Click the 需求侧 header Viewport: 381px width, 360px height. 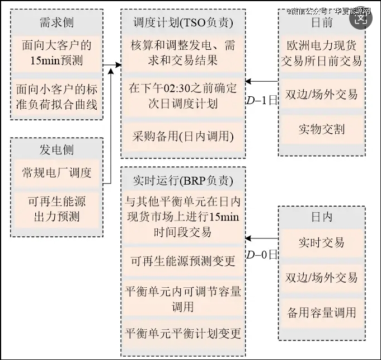(57, 23)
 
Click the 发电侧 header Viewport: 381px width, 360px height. (57, 149)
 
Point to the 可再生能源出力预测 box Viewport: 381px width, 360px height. (57, 208)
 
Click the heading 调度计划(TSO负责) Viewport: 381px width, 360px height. (183, 23)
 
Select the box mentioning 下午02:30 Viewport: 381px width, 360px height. (183, 95)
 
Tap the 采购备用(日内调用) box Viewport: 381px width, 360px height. (183, 136)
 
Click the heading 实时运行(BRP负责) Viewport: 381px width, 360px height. (183, 180)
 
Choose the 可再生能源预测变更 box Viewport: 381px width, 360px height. (183, 261)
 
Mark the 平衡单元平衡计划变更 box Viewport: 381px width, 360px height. (183, 334)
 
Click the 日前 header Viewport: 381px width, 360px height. (322, 23)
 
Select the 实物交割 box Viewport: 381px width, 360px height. (322, 129)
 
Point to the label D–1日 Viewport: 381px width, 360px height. (262, 101)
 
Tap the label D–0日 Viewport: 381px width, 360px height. (262, 255)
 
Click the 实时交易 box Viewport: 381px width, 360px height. (322, 242)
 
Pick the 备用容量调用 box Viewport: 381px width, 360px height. (322, 312)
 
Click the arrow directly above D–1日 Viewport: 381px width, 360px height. (262, 82)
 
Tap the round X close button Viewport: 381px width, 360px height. (360, 18)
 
